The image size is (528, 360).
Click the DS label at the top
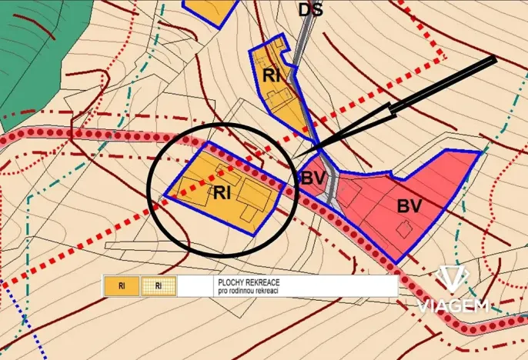(x=310, y=9)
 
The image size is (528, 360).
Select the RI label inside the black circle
(x=222, y=192)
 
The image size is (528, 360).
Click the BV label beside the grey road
(x=312, y=178)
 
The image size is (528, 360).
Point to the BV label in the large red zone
(x=409, y=205)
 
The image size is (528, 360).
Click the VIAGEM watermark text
(x=453, y=305)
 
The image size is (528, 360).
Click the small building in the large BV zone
(x=403, y=228)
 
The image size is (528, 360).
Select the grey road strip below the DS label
(x=306, y=42)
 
